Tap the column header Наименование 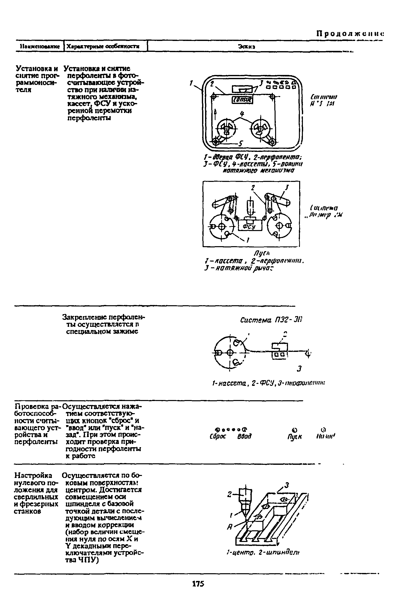pyautogui.click(x=40, y=47)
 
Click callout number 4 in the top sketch pyautogui.click(x=242, y=114)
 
